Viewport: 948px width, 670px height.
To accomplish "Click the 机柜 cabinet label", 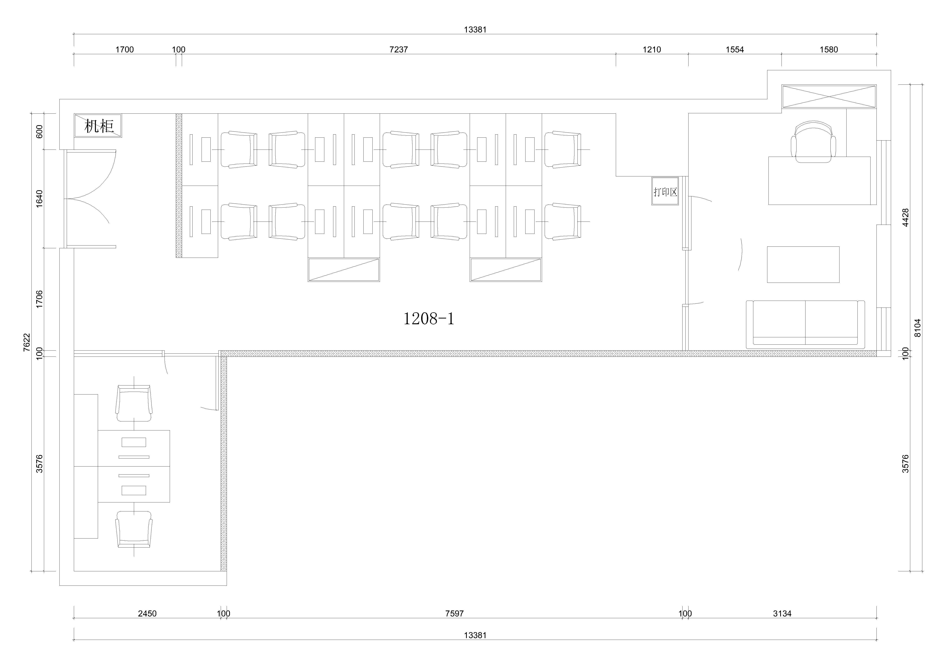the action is tap(99, 126).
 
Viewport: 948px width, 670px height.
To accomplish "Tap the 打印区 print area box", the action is tap(665, 191).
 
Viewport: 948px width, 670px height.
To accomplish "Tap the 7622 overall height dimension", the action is tap(27, 342).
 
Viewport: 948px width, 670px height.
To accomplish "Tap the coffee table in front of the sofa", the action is tap(803, 265).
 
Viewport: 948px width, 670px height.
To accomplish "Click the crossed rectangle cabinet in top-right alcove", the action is tap(829, 97).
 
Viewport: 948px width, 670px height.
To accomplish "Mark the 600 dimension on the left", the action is tap(39, 132).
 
